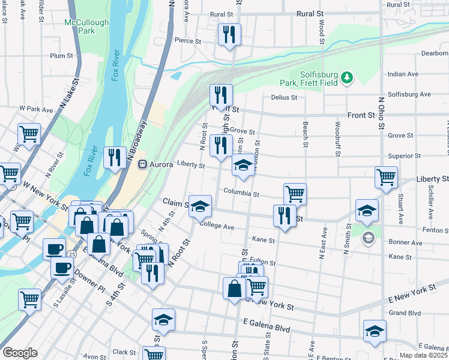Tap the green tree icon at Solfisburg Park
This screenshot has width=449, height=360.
click(347, 77)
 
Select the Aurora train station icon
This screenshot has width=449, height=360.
click(143, 164)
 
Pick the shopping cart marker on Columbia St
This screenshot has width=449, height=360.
click(295, 194)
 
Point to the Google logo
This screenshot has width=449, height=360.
click(20, 352)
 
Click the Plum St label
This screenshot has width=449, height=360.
click(61, 56)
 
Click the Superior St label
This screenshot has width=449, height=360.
click(400, 156)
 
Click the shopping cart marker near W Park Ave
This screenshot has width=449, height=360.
click(28, 134)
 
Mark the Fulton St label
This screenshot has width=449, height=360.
click(264, 262)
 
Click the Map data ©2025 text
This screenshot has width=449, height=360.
click(425, 355)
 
